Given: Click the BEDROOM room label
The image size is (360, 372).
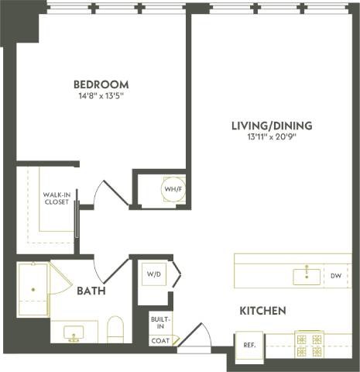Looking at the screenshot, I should click(101, 84).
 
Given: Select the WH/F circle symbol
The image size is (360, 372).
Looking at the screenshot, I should click(172, 188).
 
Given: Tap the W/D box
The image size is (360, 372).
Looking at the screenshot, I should click(153, 274).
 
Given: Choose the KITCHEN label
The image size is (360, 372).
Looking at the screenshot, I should click(262, 311).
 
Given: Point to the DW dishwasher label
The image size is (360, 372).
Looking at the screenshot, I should click(335, 275).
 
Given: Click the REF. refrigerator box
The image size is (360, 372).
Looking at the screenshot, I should click(250, 344).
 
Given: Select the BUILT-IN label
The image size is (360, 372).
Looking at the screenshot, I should click(161, 322).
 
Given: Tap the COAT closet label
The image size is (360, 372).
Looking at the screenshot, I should click(160, 339).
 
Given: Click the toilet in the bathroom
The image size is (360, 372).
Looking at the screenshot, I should click(115, 329).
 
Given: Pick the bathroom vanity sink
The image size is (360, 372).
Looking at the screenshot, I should click(75, 333).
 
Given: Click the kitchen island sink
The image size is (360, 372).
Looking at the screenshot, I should click(306, 275).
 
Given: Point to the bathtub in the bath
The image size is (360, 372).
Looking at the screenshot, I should click(33, 291).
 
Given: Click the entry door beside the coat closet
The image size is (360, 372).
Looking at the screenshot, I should click(194, 339).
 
